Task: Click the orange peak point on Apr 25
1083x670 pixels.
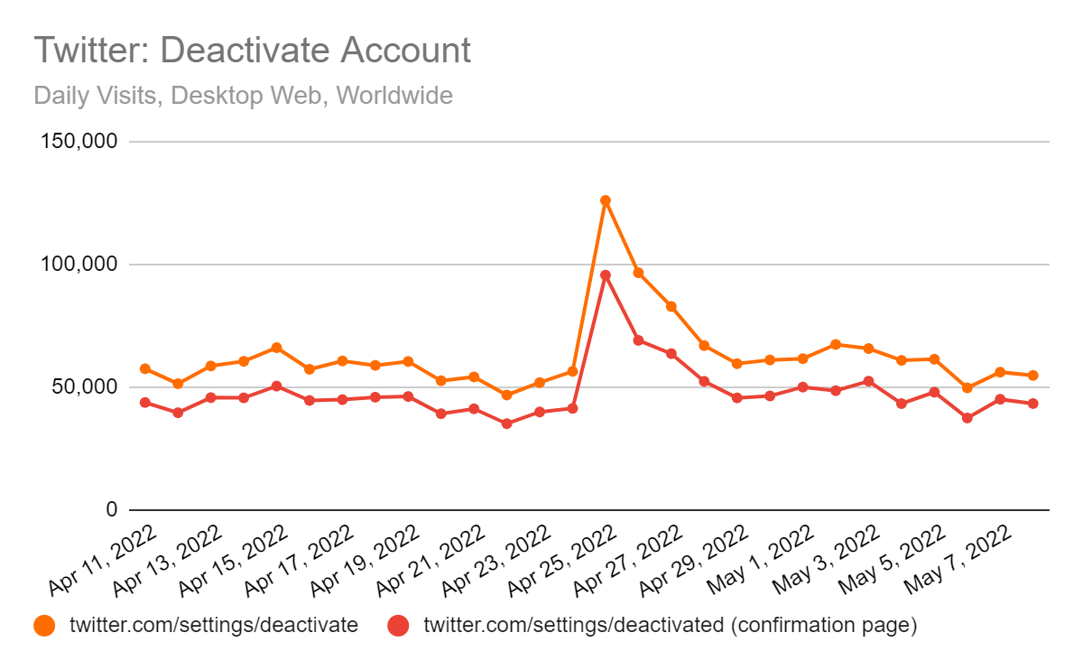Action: [606, 200]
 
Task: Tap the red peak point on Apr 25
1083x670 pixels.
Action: [606, 275]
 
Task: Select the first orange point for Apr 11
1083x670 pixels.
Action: [145, 368]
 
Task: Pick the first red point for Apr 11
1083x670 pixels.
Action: [145, 403]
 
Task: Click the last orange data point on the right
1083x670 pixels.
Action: [1032, 376]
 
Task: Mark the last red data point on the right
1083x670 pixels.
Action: [1032, 404]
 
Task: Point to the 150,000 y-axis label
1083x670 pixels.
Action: [79, 141]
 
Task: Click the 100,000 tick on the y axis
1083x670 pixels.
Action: [79, 265]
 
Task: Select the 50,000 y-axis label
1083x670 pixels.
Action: [85, 387]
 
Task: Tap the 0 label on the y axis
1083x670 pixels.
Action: [112, 509]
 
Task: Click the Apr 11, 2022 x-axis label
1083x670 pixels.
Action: [103, 560]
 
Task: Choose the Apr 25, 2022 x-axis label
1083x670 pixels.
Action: [563, 560]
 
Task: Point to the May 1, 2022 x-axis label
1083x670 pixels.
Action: [761, 560]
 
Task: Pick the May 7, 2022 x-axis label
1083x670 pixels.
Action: [958, 560]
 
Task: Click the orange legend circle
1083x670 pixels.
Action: [44, 626]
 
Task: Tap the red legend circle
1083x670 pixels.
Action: [398, 626]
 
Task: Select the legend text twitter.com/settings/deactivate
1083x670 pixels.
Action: [214, 625]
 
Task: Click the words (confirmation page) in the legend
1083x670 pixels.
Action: [824, 626]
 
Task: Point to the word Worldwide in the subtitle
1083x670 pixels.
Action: [394, 96]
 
